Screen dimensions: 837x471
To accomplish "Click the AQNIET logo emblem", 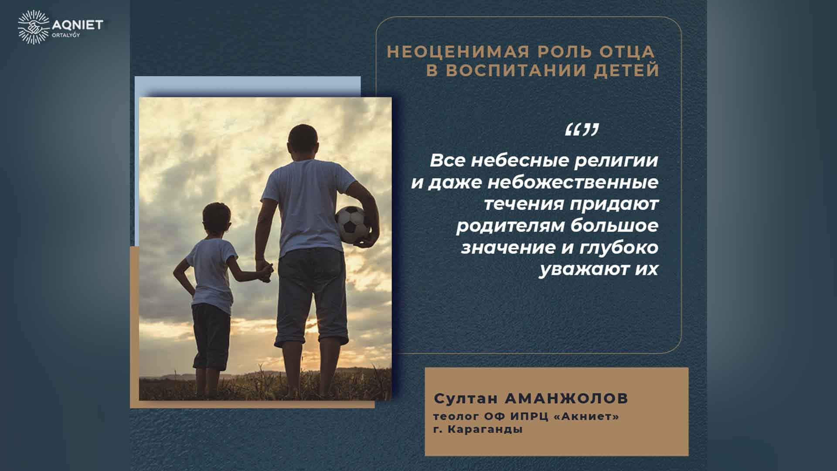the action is click(x=33, y=27).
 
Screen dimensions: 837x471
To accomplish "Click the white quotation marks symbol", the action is click(x=582, y=130).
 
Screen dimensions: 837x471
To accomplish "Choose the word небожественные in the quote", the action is click(x=572, y=182).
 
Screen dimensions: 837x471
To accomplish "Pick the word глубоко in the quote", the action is click(x=619, y=248).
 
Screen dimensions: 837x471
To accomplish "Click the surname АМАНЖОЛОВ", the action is click(x=566, y=398).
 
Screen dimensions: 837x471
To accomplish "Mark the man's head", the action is click(x=303, y=142).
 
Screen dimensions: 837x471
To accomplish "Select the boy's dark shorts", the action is click(x=211, y=336).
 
